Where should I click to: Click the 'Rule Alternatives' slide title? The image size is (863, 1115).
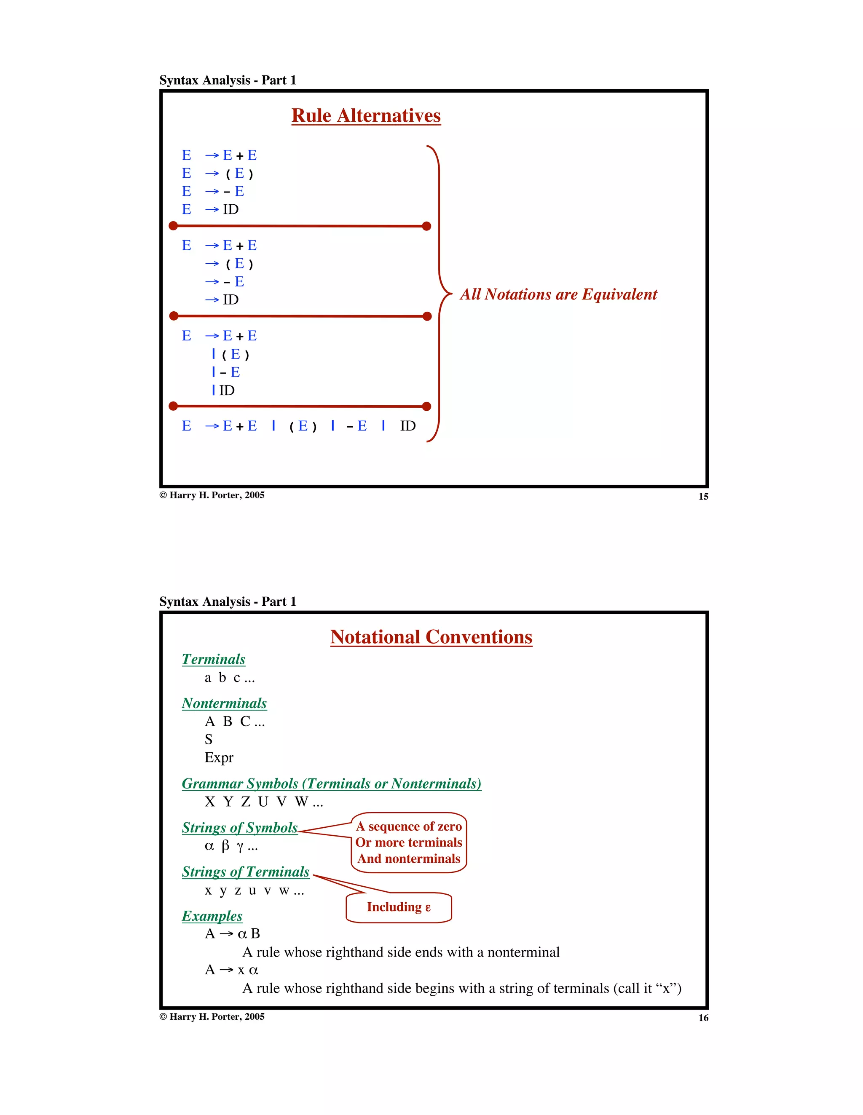click(366, 116)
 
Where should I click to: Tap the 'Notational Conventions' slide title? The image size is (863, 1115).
click(431, 637)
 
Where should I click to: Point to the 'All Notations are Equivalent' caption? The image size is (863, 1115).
click(558, 294)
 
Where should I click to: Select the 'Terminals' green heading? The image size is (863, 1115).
click(214, 659)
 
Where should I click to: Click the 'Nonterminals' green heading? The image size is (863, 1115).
click(224, 703)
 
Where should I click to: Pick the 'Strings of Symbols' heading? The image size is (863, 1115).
click(239, 828)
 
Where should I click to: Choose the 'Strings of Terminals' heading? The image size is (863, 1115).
click(246, 872)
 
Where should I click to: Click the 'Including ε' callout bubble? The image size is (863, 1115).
click(399, 907)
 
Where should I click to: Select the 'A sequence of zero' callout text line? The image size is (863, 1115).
click(409, 826)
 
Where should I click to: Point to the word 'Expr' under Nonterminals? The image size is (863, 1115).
click(219, 758)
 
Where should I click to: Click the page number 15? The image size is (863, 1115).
click(703, 497)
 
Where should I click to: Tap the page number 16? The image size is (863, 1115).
click(703, 1018)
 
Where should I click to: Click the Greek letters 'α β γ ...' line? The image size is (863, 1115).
click(231, 846)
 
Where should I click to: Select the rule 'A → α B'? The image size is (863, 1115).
click(232, 934)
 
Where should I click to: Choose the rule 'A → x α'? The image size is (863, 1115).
click(231, 970)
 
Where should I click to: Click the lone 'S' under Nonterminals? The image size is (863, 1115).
click(208, 739)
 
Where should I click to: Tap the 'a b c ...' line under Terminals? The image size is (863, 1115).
click(229, 678)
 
